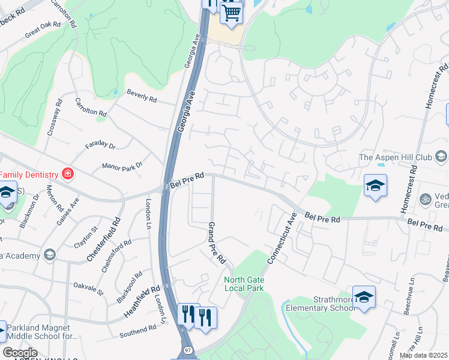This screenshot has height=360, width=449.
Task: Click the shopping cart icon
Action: coord(231,12)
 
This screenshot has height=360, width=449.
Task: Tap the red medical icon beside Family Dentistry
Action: coord(68,175)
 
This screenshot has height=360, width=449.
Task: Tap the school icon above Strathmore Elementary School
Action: coord(364,281)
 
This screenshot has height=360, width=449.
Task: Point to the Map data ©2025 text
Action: coord(423,356)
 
